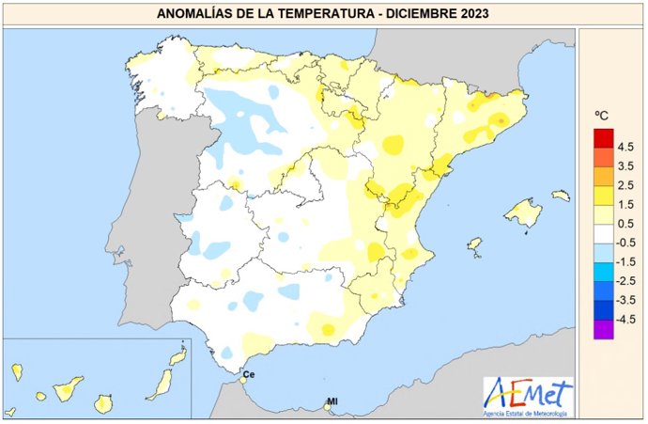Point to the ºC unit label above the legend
pos(602,115)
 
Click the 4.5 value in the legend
pos(625,148)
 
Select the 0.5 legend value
pos(625,224)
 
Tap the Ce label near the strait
pos(249,374)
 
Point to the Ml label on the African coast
pos(331,402)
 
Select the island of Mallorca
pos(523,212)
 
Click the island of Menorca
pos(561,196)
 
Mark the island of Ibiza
pos(474,245)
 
